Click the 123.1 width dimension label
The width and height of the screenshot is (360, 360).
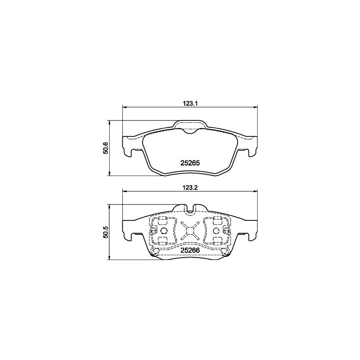point(190,104)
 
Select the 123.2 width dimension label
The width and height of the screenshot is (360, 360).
point(190,188)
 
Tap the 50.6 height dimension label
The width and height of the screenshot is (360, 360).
point(105,148)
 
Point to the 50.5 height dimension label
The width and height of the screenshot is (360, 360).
point(105,232)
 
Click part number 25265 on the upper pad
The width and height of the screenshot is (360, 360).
point(190,163)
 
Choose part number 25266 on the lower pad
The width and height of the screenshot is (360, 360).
point(190,250)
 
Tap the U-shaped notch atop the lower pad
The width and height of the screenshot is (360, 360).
point(190,208)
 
